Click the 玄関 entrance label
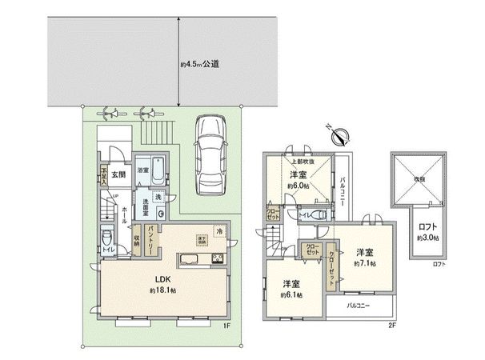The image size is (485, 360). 118,172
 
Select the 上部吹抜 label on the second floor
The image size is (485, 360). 299,162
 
